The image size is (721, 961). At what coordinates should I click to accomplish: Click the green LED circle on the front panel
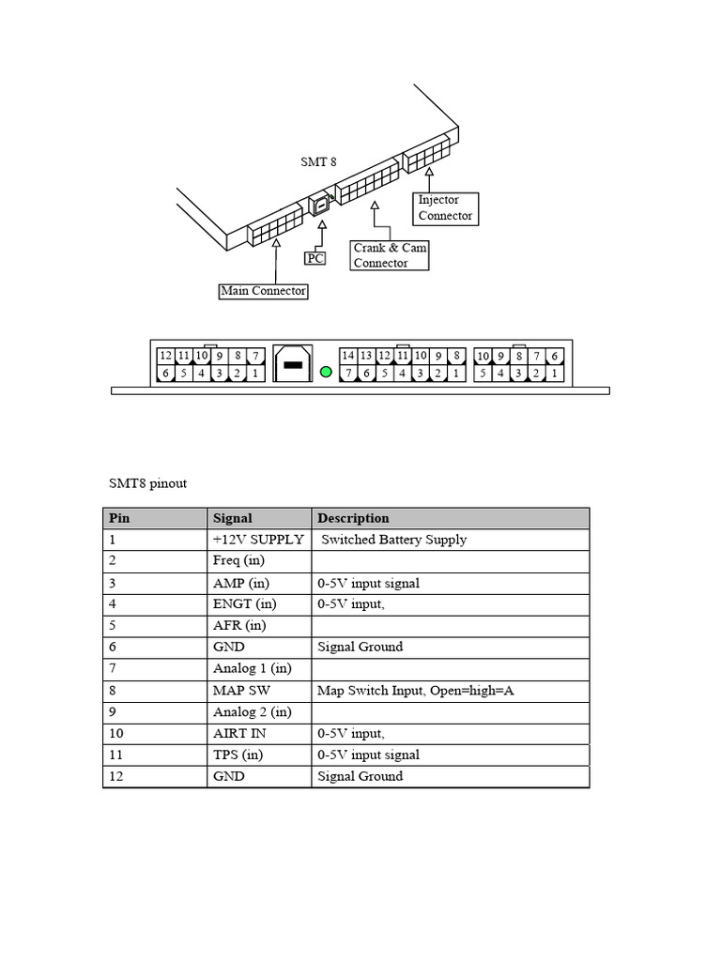326,372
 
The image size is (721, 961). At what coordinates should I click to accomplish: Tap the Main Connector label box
263,291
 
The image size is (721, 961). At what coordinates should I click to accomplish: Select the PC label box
315,257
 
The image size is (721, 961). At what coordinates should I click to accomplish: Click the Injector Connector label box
446,208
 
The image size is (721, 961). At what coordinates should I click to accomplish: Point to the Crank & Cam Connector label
391,255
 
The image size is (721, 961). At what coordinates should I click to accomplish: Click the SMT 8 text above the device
318,161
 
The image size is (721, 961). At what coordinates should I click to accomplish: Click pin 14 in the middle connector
348,356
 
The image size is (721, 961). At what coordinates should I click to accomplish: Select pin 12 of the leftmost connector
165,356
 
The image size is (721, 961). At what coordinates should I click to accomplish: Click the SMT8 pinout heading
147,483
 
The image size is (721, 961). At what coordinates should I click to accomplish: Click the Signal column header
233,518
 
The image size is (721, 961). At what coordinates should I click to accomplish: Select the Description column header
353,518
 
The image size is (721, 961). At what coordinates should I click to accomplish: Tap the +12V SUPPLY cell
258,540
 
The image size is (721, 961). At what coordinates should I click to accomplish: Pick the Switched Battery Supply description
394,540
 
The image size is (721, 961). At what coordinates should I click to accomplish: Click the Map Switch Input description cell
416,691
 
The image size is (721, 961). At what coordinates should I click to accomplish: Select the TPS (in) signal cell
238,755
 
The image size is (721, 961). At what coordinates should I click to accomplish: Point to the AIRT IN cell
239,734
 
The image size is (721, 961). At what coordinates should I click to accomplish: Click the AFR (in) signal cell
239,626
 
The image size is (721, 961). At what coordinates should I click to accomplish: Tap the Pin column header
119,518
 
